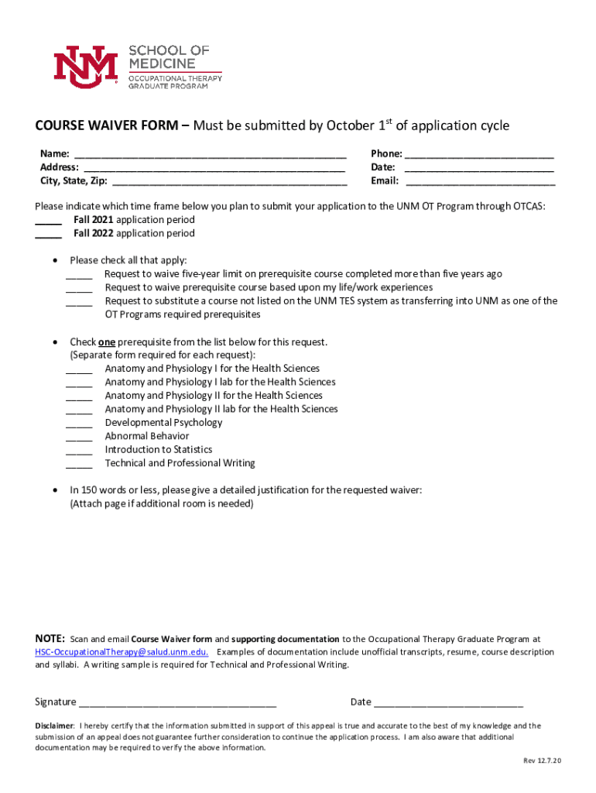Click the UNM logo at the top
point(85,64)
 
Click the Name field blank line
point(210,154)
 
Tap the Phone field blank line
point(479,154)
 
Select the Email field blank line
point(481,182)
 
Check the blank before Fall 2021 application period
point(49,221)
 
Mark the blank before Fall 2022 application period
point(49,235)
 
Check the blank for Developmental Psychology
point(79,424)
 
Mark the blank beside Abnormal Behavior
point(79,437)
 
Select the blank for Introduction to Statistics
point(79,451)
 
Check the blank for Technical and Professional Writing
point(79,464)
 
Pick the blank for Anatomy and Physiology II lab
point(79,410)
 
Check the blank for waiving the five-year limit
point(79,275)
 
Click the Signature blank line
point(177,702)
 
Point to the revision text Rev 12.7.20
point(542,760)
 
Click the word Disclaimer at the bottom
point(54,726)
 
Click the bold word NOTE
point(50,639)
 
